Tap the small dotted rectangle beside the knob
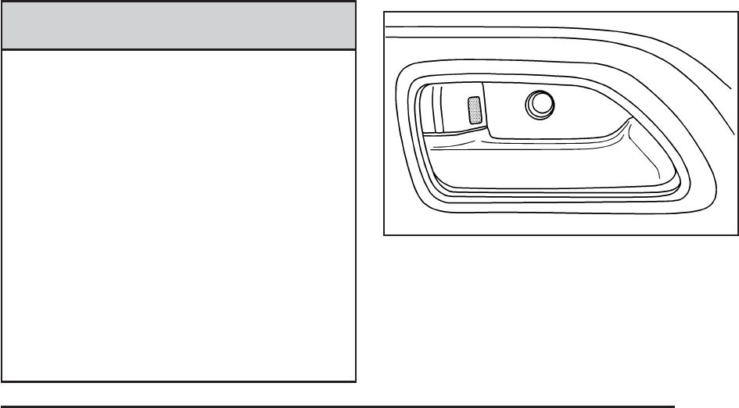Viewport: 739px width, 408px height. (x=474, y=109)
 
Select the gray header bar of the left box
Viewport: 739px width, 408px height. (x=178, y=25)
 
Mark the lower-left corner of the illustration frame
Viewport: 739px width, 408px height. (x=384, y=234)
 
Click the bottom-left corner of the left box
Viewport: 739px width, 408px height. (x=2, y=381)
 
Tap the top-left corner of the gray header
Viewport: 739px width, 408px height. (x=2, y=2)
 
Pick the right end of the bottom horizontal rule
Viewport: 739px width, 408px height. (x=674, y=406)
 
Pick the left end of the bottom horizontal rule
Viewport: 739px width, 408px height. (x=2, y=406)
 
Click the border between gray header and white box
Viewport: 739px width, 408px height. (x=178, y=51)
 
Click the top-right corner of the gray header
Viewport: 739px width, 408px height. (x=356, y=2)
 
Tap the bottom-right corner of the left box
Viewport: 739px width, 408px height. (x=356, y=381)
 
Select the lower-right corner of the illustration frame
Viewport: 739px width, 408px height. (x=737, y=234)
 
